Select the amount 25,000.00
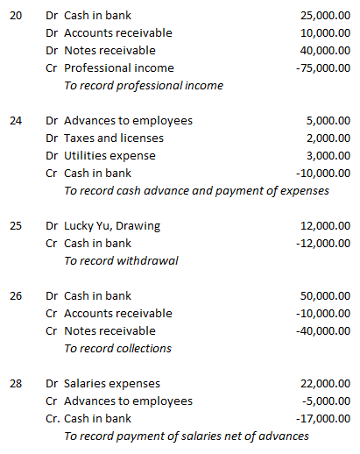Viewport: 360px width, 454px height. click(x=324, y=15)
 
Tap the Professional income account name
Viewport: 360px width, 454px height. click(x=119, y=67)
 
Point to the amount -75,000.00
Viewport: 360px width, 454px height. click(x=322, y=67)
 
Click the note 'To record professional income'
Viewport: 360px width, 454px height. click(x=144, y=85)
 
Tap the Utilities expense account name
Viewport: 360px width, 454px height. click(x=109, y=155)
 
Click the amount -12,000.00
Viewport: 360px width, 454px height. click(x=322, y=243)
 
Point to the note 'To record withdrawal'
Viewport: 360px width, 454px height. click(x=122, y=260)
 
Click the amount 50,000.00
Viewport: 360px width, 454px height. click(x=324, y=295)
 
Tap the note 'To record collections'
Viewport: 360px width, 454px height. click(x=118, y=348)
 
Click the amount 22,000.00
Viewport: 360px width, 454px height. click(x=324, y=383)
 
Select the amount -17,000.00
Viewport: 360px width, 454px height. click(x=322, y=418)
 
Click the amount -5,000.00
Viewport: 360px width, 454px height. click(x=325, y=401)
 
